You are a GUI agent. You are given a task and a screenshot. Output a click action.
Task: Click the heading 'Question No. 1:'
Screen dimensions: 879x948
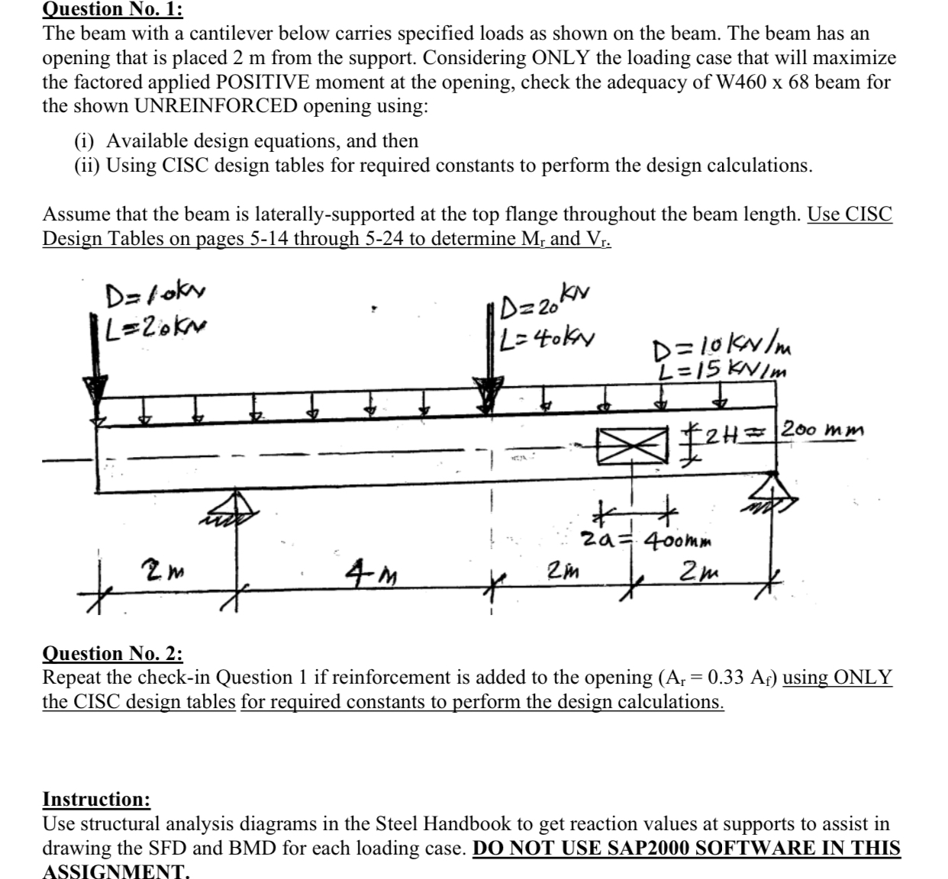point(113,9)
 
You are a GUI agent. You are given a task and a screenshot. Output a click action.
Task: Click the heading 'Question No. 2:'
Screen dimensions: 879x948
point(113,653)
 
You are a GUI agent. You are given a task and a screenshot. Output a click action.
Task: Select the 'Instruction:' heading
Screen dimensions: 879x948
point(97,800)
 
